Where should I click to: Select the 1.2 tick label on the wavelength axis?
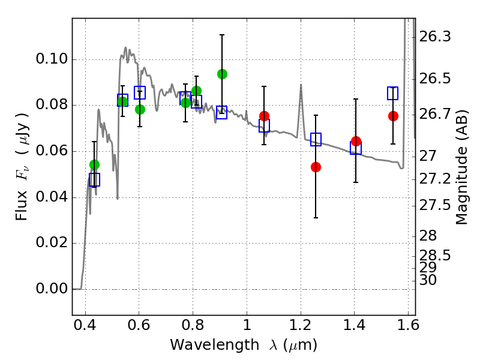coord(301,327)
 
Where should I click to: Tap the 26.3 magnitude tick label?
coord(435,37)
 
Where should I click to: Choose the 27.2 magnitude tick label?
coord(435,179)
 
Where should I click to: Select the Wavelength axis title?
coord(243,345)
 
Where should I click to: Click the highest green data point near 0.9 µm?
coord(222,74)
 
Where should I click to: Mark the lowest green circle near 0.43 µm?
coord(94,164)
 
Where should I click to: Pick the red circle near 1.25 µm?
coord(316,167)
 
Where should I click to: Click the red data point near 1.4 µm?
coord(356,142)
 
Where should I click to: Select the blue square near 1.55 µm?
coord(392,93)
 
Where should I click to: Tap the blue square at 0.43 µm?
coord(94,179)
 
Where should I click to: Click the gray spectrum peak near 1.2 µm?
coord(301,85)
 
